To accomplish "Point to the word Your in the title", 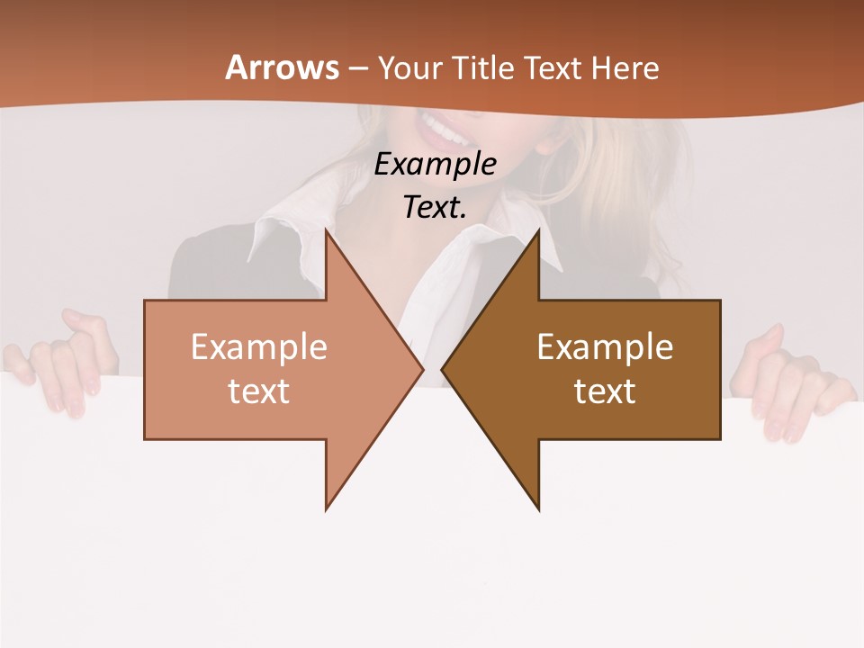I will point(409,67).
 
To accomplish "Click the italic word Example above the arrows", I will point(436,165).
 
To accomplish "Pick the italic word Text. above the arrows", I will point(436,207).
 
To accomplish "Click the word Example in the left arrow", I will point(259,347).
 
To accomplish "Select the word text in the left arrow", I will point(259,391).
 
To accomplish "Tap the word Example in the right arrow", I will point(605,347).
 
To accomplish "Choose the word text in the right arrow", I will point(605,391).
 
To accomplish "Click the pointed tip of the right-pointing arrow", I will point(422,370).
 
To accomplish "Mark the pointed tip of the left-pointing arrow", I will point(443,370).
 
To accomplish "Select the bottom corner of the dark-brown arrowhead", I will point(538,508).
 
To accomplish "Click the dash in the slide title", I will point(358,68).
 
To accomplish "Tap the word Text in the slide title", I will point(554,67).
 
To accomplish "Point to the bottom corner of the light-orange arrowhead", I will point(327,508).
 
